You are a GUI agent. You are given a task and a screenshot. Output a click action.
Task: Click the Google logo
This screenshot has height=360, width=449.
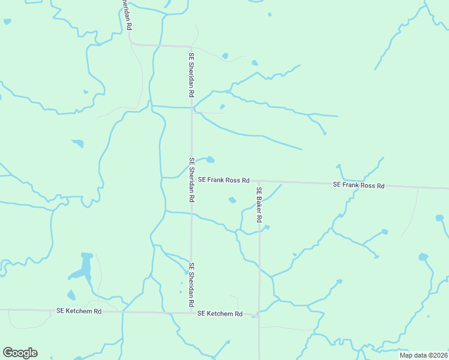coord(20,353)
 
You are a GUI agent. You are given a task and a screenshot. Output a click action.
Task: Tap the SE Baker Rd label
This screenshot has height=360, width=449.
coord(259,205)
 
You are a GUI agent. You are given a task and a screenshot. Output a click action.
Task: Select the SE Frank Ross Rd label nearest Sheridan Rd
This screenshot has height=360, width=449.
coord(224,179)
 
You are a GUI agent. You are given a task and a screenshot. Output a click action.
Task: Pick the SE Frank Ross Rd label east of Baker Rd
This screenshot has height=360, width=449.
coord(358,185)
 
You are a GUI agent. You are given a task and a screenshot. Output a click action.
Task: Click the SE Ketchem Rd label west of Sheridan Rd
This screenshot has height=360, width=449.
coord(79,311)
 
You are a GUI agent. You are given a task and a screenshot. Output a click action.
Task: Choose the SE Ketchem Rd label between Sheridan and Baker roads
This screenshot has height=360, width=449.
coord(220,314)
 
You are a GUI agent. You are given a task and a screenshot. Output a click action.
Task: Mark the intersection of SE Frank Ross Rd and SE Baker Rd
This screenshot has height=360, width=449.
coord(259,181)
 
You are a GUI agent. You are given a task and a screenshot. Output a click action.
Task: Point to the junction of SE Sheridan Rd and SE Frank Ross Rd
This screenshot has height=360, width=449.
coord(191,179)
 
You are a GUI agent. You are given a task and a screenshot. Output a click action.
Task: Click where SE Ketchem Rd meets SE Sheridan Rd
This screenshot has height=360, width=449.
coord(191,313)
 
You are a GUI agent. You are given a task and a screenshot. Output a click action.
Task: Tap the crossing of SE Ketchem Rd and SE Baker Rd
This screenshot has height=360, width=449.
coord(259,314)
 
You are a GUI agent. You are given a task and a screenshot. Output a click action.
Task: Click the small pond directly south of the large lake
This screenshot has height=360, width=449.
coord(71,295)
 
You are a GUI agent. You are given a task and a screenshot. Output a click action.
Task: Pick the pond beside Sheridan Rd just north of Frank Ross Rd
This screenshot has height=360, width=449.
coord(210,160)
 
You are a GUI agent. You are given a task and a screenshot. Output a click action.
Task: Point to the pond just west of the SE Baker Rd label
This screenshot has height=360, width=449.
coord(232,200)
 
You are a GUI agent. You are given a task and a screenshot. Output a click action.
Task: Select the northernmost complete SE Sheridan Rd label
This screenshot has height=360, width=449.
coord(191,75)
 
